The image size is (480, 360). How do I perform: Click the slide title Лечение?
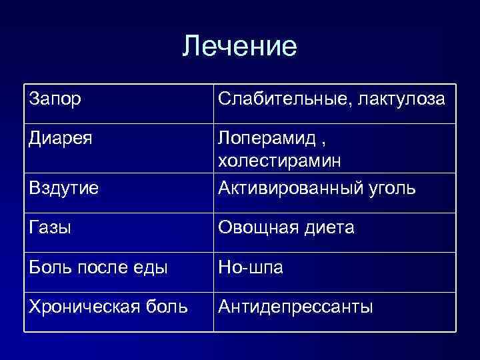[x=239, y=46]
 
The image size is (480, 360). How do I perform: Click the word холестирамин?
[x=279, y=161]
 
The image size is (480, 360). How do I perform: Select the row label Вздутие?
[x=64, y=189]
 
